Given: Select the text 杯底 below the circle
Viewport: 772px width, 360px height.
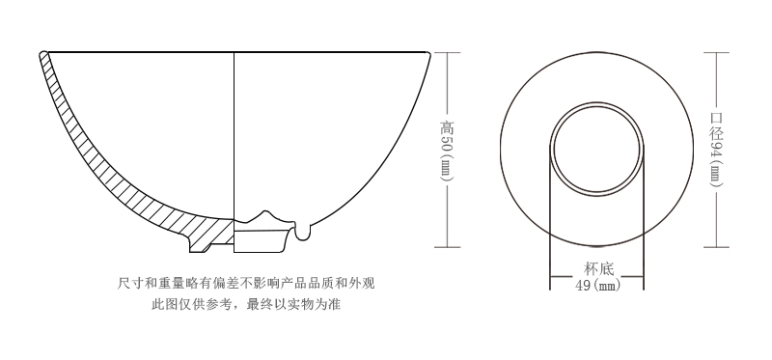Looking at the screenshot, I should click(599, 270).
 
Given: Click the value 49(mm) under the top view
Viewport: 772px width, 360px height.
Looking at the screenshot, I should click(598, 286).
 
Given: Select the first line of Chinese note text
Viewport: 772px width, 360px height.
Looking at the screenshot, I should click(245, 283).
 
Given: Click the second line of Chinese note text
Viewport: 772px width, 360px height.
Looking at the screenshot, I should click(245, 305).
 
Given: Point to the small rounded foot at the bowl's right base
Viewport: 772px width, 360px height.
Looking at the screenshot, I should click(306, 232).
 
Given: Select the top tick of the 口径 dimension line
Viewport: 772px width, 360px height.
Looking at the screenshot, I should click(715, 51).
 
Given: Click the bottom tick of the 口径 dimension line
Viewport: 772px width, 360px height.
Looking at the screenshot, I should click(715, 247).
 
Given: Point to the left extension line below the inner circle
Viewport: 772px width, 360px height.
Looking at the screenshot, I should click(551, 232).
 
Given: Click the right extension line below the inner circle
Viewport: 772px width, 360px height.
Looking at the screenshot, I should click(645, 232).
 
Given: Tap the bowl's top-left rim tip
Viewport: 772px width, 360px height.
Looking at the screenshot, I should click(43, 54).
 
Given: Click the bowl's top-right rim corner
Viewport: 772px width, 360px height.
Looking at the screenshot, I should click(428, 53).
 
